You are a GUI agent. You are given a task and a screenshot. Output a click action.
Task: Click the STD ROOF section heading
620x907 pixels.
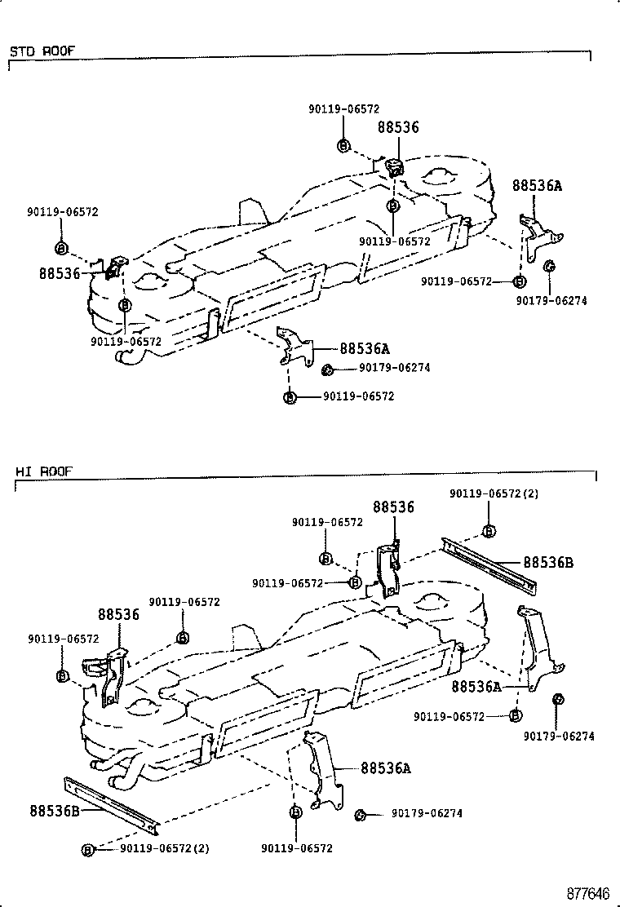pyautogui.click(x=42, y=51)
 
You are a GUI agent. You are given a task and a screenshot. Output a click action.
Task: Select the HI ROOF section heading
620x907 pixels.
pyautogui.click(x=43, y=471)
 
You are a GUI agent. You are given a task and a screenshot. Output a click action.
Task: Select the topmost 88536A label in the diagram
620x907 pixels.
pyautogui.click(x=537, y=185)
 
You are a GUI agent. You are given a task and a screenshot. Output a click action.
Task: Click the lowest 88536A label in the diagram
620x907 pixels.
pyautogui.click(x=385, y=768)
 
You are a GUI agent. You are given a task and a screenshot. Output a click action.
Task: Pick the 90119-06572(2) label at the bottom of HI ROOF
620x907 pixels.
pyautogui.click(x=164, y=848)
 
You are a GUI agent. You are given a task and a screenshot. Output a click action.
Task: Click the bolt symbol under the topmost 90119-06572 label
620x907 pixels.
pyautogui.click(x=343, y=146)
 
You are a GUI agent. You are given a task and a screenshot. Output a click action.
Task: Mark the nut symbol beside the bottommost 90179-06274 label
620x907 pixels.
pyautogui.click(x=360, y=814)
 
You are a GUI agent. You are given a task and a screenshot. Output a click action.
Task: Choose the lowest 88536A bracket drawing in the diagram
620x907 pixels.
pyautogui.click(x=325, y=767)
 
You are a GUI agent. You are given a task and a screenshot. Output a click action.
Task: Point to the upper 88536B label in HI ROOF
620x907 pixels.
pyautogui.click(x=547, y=562)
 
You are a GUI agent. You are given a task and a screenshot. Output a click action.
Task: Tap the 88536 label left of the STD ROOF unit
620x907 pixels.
pyautogui.click(x=59, y=273)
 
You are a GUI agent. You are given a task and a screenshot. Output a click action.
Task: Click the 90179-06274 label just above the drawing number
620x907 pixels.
pyautogui.click(x=559, y=736)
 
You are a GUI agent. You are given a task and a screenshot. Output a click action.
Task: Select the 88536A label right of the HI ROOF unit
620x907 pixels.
pyautogui.click(x=477, y=687)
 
